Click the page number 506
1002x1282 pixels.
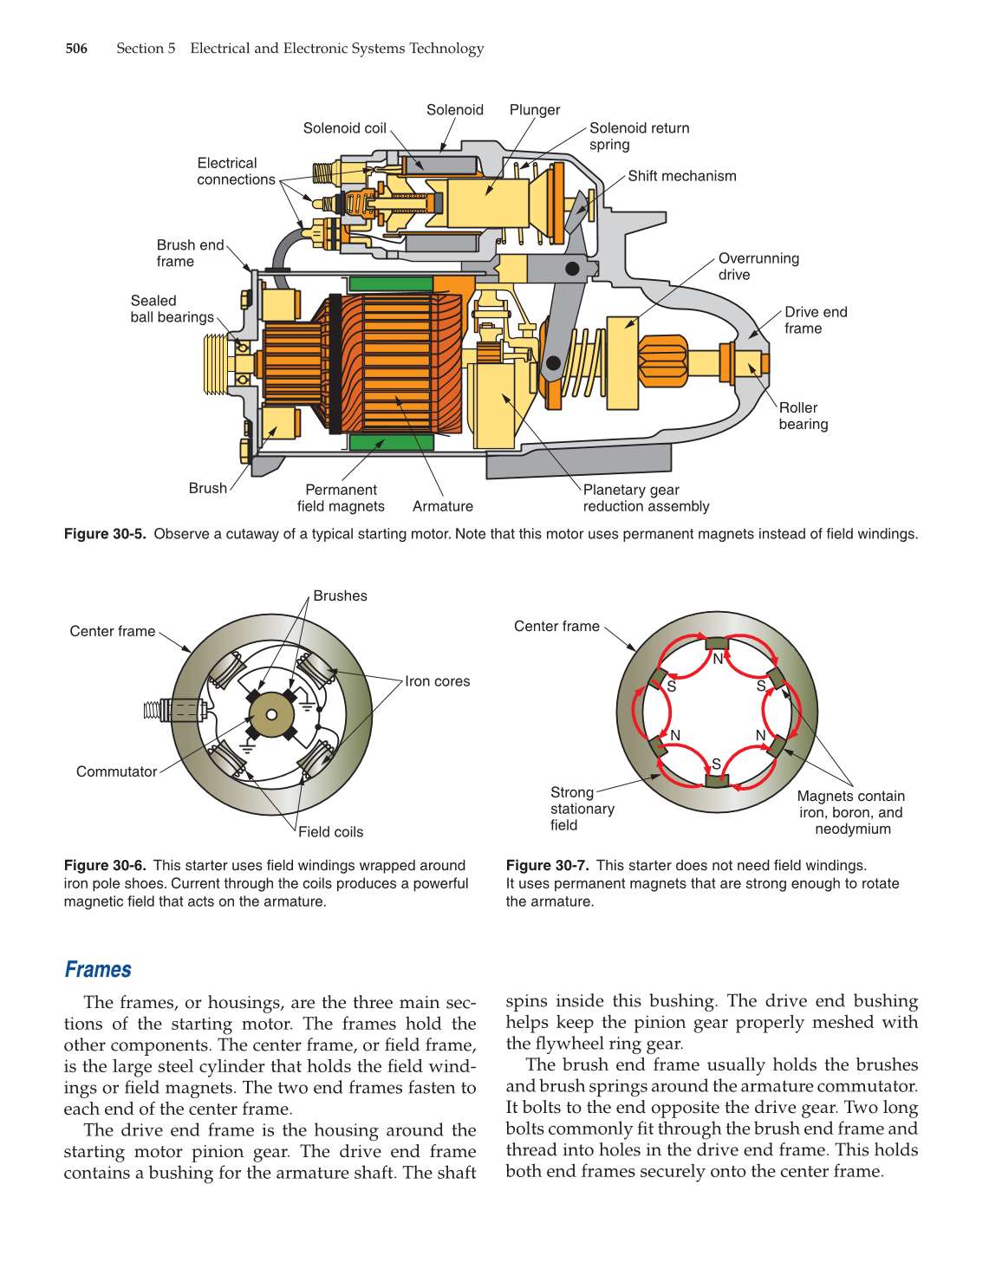pyautogui.click(x=76, y=49)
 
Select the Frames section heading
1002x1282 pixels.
pyautogui.click(x=98, y=970)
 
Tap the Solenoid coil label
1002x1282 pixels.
pyautogui.click(x=344, y=128)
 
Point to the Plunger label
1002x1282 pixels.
pyautogui.click(x=534, y=110)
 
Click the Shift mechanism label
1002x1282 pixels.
pyautogui.click(x=681, y=176)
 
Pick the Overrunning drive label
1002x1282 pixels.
pyautogui.click(x=758, y=266)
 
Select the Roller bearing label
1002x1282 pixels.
pyautogui.click(x=803, y=416)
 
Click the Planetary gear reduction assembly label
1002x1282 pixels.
pyautogui.click(x=646, y=498)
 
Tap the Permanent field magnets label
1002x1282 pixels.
pyautogui.click(x=341, y=498)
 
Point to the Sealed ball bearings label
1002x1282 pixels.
pyautogui.click(x=172, y=309)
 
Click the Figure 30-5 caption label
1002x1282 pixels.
pyautogui.click(x=105, y=534)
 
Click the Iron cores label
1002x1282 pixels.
pyautogui.click(x=437, y=681)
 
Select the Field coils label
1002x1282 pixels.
pyautogui.click(x=330, y=832)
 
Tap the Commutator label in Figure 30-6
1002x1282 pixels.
pyautogui.click(x=116, y=771)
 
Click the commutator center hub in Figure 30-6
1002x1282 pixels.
pyautogui.click(x=271, y=714)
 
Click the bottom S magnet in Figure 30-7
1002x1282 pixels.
pyautogui.click(x=716, y=779)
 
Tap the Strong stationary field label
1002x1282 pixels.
pyautogui.click(x=582, y=809)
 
